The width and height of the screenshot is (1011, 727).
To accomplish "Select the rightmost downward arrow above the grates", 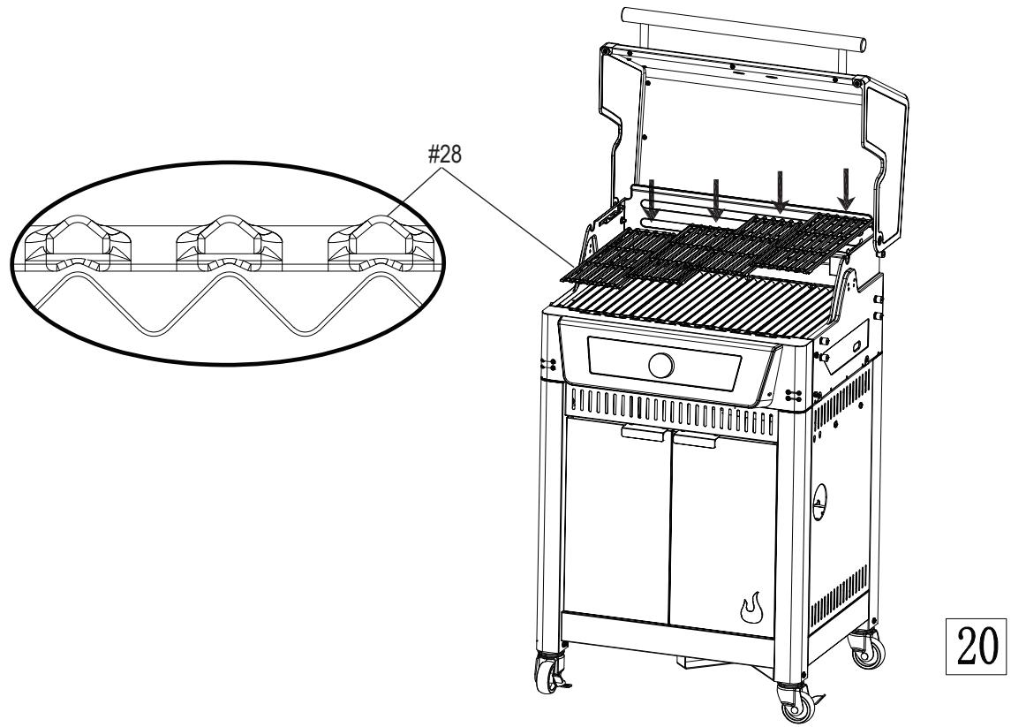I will (847, 188).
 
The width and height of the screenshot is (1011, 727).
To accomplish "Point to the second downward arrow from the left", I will (716, 200).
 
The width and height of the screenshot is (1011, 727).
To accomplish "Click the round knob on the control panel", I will (660, 364).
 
